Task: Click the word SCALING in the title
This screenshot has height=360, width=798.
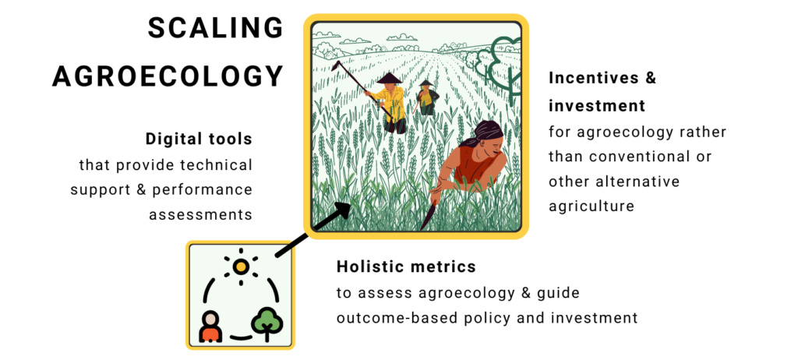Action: point(215,27)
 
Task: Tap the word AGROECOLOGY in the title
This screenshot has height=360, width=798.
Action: point(168,76)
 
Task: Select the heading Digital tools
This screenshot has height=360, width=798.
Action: point(199,139)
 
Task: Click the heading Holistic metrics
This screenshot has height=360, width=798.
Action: point(406,266)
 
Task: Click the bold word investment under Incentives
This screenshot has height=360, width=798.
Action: point(597,106)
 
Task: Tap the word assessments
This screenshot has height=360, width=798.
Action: point(200,215)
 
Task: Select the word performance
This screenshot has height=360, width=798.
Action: point(203,190)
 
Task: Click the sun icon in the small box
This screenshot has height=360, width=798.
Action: point(241,266)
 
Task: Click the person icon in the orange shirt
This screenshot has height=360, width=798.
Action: point(210,327)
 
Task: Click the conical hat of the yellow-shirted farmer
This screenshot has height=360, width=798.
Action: point(390,78)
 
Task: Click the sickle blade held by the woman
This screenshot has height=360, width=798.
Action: point(426,217)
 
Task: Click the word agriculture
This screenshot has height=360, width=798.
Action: point(591,206)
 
